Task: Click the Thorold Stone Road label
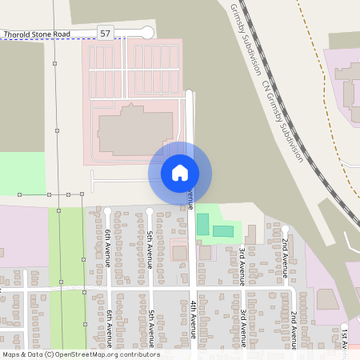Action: click(x=37, y=34)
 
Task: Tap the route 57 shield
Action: click(x=106, y=33)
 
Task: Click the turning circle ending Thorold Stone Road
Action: click(x=146, y=32)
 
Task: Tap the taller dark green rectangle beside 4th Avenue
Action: click(x=202, y=224)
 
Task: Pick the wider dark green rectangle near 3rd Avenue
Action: click(x=223, y=231)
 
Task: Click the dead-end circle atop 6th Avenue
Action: click(x=107, y=211)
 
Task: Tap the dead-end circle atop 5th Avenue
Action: click(x=150, y=211)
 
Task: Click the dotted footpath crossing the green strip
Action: click(x=68, y=286)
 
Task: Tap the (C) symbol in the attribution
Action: click(x=49, y=354)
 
